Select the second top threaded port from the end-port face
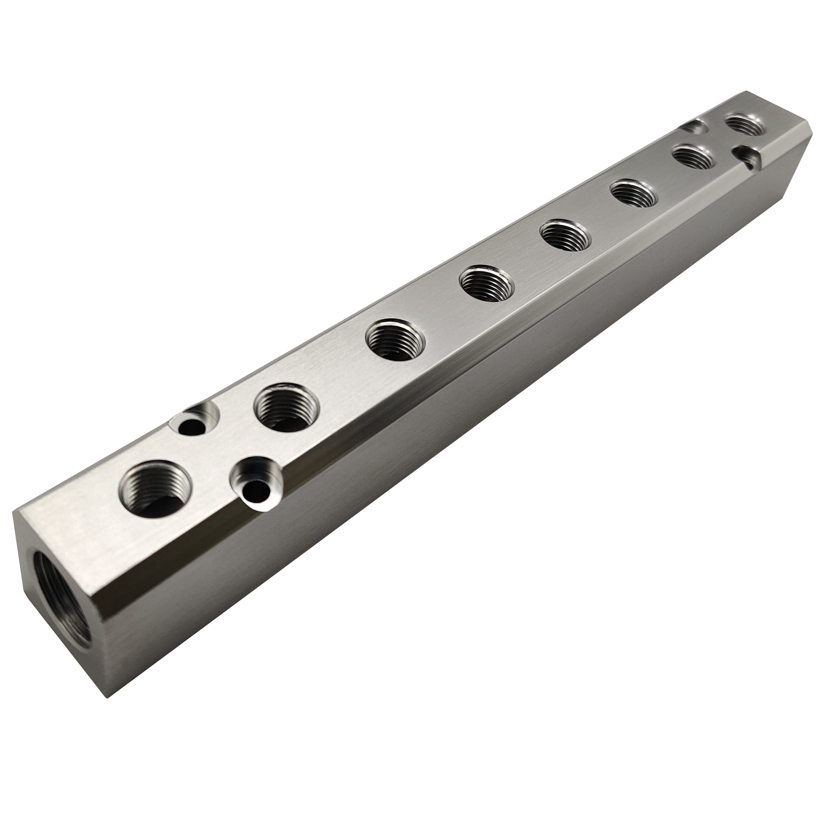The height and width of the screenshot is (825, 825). (x=287, y=406)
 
